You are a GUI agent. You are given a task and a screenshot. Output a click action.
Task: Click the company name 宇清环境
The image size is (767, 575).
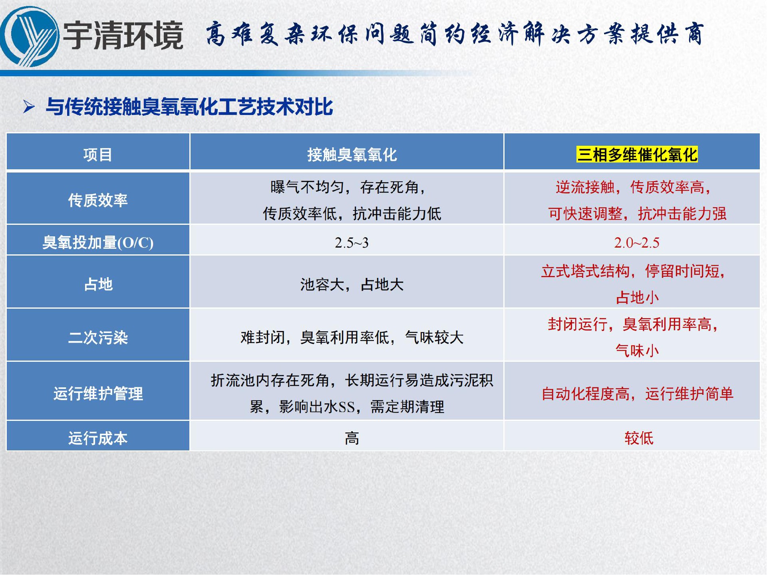coord(123,36)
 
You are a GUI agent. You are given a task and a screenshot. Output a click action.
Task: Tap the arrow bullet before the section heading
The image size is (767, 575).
coord(29,107)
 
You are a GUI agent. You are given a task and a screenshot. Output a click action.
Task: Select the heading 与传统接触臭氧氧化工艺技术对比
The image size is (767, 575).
coord(189,107)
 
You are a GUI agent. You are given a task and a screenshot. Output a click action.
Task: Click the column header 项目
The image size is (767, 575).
coord(98,155)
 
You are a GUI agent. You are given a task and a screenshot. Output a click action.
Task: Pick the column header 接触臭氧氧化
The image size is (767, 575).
coord(352,155)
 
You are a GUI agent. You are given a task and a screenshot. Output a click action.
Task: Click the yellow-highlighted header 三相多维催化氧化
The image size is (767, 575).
coord(637,155)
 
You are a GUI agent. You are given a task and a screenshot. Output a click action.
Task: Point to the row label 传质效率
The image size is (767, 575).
coord(98,200)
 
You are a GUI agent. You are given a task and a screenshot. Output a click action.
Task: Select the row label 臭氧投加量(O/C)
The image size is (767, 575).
coord(98,242)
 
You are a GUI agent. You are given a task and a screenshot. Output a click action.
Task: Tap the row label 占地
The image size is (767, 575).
coord(98,284)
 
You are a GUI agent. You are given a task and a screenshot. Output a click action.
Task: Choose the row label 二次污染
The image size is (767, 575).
coord(98,337)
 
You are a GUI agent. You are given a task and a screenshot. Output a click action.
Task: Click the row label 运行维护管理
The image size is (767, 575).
coord(98,393)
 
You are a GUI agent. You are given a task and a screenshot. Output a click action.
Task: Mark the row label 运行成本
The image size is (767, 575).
coord(98,438)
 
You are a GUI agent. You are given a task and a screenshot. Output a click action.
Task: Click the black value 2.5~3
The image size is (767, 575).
coord(352,243)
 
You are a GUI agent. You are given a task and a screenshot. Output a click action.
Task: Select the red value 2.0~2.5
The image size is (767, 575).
coord(637,243)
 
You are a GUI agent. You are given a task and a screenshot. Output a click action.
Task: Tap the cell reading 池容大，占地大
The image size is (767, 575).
coord(352,284)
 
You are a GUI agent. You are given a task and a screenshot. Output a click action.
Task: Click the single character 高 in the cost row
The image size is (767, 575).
coord(352,438)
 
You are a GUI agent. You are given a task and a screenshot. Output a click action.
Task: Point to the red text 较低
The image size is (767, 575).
coord(639,438)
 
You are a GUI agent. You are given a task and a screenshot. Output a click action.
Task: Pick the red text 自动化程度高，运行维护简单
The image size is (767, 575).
coord(637,394)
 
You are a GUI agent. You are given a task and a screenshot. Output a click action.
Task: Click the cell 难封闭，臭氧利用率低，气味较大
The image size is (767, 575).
coord(352,337)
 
